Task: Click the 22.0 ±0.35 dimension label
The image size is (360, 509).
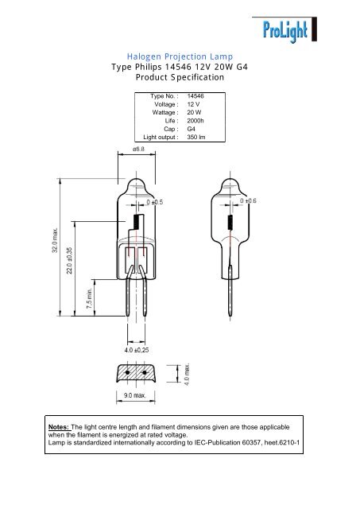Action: click(x=71, y=260)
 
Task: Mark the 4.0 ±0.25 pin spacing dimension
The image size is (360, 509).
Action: click(x=137, y=348)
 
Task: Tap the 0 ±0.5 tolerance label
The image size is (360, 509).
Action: click(x=154, y=202)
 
